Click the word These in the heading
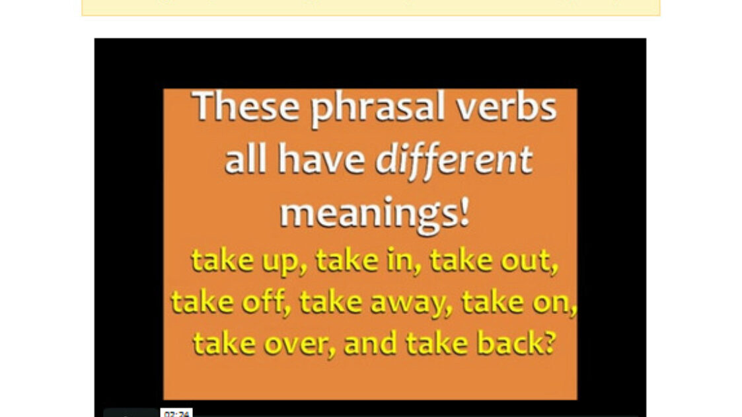point(245,106)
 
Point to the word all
point(245,159)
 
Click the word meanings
point(367,214)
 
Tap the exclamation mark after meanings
point(464,211)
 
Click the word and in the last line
point(371,343)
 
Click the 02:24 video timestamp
point(176,414)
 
